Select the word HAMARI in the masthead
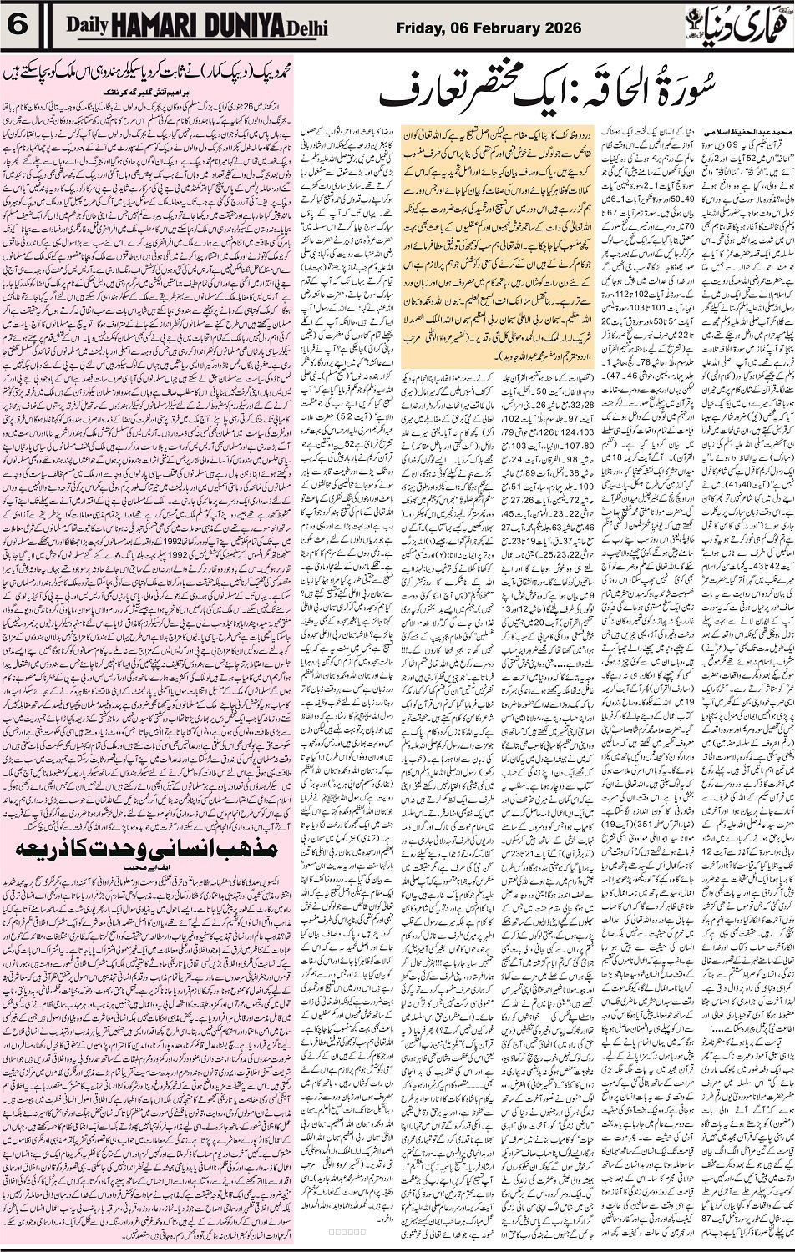[x=155, y=25]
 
